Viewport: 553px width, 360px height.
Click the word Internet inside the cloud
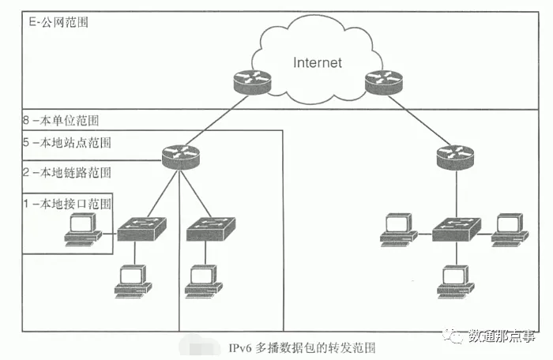[317, 62]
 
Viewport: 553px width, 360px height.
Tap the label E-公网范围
[58, 22]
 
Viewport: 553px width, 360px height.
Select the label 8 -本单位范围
[61, 121]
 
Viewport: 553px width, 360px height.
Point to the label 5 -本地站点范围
[67, 142]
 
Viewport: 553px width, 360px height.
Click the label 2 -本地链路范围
[67, 172]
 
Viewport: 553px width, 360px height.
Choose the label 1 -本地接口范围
[67, 204]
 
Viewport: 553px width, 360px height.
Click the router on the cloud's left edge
[252, 82]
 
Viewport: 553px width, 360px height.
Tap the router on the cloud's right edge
[384, 82]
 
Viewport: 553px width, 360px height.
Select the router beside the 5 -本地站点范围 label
[181, 157]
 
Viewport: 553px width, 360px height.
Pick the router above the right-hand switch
[455, 157]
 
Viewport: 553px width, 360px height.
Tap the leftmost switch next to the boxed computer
[141, 229]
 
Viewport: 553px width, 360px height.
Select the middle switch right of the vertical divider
[211, 229]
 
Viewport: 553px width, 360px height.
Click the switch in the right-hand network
[457, 229]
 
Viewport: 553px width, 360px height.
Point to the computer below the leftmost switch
[133, 281]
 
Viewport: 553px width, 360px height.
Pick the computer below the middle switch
[204, 281]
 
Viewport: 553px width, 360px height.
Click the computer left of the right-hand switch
[398, 230]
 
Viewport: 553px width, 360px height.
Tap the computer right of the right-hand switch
[510, 230]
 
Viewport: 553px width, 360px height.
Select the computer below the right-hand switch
[456, 282]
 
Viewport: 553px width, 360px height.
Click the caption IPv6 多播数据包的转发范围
[302, 348]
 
